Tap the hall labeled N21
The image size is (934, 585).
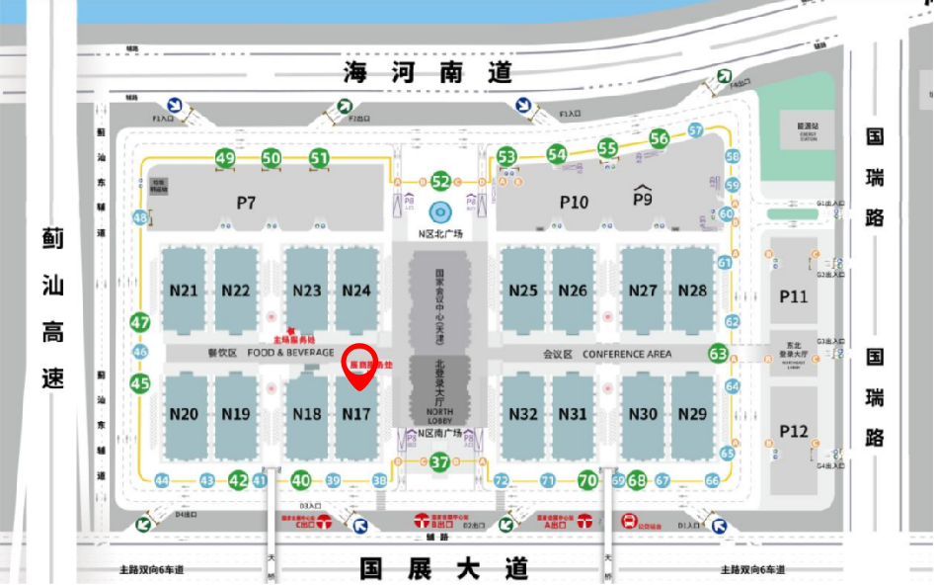point(184,291)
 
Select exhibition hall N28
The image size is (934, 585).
point(693,291)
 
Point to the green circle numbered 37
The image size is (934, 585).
point(440,461)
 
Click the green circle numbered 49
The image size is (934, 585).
point(225,158)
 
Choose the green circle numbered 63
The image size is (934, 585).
point(718,353)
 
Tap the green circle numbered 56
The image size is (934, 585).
point(660,139)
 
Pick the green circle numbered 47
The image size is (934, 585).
point(140,322)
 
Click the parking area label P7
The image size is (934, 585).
point(246,203)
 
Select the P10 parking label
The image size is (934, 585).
point(574,203)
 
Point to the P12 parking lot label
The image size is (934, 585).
point(793,431)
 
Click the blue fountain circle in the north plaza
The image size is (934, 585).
point(440,210)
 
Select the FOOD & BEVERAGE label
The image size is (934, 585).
point(290,353)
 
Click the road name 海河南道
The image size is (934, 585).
point(428,72)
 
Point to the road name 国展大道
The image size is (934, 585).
point(444,568)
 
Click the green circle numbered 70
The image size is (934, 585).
point(587,481)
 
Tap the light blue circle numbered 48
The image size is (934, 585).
point(140,217)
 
